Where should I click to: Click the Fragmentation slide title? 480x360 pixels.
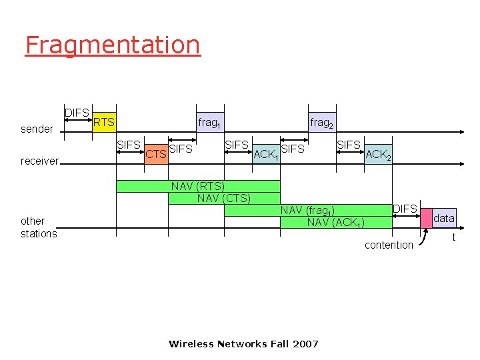[x=112, y=45]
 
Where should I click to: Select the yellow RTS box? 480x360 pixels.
[x=104, y=122]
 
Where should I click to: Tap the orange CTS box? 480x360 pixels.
[x=156, y=155]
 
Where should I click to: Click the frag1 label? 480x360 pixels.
[x=209, y=123]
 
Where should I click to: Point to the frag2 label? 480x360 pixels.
[x=321, y=123]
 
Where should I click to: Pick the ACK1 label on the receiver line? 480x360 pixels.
[x=266, y=155]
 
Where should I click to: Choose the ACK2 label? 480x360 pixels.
[x=379, y=155]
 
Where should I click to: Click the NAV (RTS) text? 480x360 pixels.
[x=197, y=186]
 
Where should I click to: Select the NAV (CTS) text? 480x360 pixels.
[x=224, y=198]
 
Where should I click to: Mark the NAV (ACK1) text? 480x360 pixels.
[x=335, y=222]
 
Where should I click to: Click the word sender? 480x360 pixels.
[x=37, y=129]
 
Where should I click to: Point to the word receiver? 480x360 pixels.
[x=40, y=161]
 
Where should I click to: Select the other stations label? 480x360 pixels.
[x=39, y=227]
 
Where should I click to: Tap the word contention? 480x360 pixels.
[x=389, y=245]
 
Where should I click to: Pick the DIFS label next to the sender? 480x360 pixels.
[x=77, y=113]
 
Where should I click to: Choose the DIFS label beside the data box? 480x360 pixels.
[x=405, y=209]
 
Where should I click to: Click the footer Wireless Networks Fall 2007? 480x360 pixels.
[x=243, y=344]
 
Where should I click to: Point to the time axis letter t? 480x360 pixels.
[x=454, y=237]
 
